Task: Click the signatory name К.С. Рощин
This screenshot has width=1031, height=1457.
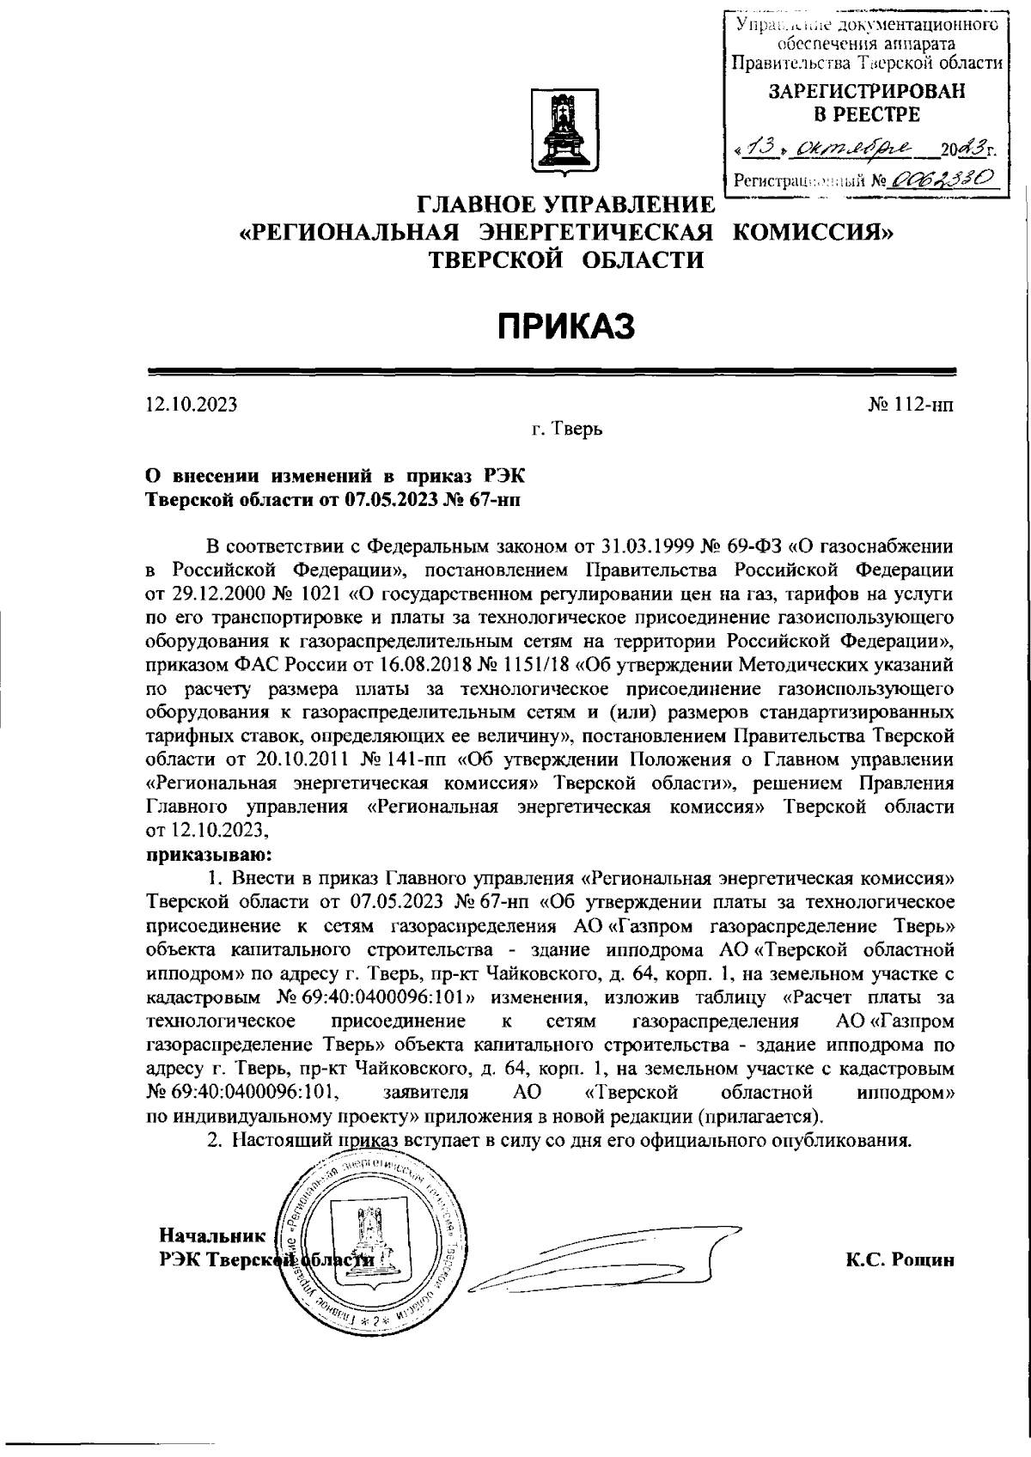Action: pos(900,1259)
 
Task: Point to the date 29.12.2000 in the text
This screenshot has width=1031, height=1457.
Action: pos(210,593)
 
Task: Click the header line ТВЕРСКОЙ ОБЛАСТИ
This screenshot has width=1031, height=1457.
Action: pos(567,259)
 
